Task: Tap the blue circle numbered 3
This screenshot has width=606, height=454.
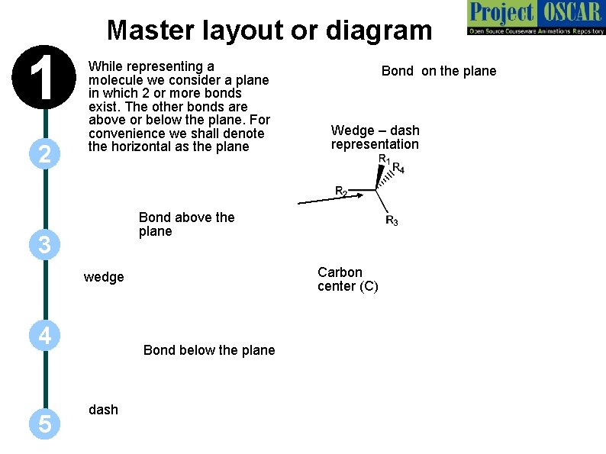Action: [x=45, y=245]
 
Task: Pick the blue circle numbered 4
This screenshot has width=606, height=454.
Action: [x=45, y=336]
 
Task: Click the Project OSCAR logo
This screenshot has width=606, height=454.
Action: [x=535, y=18]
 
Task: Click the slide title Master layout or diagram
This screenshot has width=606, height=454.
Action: [x=269, y=31]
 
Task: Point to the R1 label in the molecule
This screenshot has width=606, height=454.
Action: [x=385, y=159]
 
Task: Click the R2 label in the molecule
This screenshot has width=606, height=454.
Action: [x=341, y=191]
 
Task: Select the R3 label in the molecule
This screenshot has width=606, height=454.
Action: [x=392, y=221]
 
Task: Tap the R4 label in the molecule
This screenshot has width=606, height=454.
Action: [x=398, y=168]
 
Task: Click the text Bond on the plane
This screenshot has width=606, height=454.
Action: [x=439, y=71]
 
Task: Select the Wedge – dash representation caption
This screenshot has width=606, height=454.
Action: [x=375, y=137]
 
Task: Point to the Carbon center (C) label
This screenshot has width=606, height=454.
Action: [x=347, y=279]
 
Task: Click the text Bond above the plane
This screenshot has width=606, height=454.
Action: [x=186, y=224]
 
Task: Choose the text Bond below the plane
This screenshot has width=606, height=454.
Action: [x=209, y=350]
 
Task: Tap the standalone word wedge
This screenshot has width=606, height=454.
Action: [x=104, y=277]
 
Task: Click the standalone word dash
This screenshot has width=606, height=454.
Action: [x=104, y=410]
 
